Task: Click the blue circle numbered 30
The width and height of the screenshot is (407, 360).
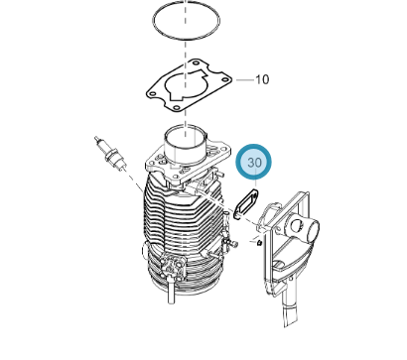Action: pos(254,163)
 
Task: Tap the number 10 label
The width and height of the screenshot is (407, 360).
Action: pos(262,79)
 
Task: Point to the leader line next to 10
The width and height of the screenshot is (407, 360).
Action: pos(244,80)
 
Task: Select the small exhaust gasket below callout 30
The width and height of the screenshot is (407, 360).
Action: pos(246,204)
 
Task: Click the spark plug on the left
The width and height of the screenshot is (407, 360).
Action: pos(110,153)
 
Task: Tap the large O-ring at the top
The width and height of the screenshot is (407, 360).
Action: pos(187,21)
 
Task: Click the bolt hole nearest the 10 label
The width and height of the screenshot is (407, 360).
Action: pos(225,79)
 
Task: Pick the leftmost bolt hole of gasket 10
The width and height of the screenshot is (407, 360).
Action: pos(152,94)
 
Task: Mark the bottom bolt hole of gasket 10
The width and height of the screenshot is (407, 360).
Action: pos(176,107)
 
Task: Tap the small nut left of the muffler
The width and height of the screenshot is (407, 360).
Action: pos(260,243)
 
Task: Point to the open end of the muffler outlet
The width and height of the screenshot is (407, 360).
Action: pos(313,232)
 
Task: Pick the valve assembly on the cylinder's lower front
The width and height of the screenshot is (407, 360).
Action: pos(171,266)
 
